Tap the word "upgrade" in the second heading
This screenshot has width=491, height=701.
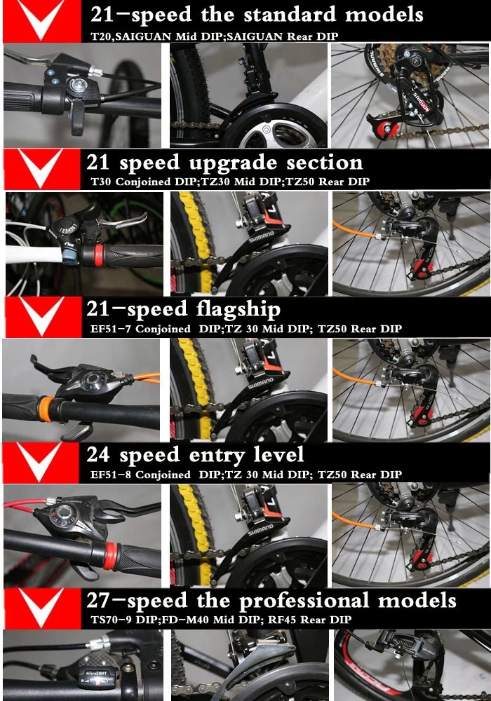[234, 163]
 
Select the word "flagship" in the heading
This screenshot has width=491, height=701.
[238, 309]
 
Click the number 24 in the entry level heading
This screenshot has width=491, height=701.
[98, 455]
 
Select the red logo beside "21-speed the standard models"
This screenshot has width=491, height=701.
[42, 20]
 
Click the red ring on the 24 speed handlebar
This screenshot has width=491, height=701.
[110, 556]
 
